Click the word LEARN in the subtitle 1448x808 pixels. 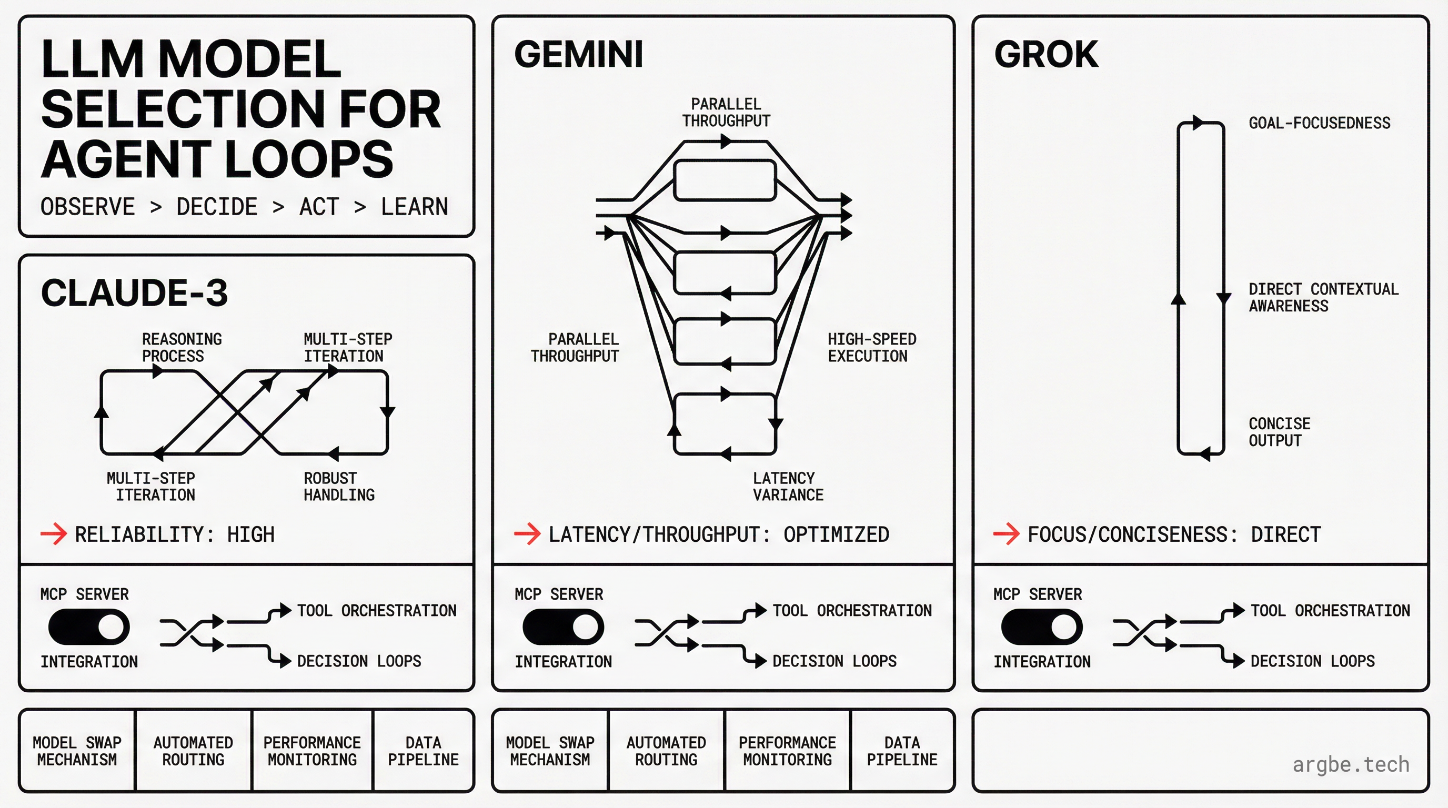click(414, 207)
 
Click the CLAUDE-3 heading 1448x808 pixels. click(134, 293)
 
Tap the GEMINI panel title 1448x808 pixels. click(578, 55)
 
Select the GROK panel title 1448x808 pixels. click(1045, 55)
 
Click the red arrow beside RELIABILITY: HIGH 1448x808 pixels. click(53, 534)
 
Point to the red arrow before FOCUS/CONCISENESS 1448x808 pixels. click(1005, 534)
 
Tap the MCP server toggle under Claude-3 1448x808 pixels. click(89, 627)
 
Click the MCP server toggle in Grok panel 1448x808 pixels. click(1042, 627)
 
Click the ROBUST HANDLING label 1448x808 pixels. click(339, 487)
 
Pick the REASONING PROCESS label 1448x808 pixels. click(182, 347)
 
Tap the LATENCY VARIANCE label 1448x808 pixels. click(788, 487)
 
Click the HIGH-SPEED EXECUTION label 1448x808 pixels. click(871, 347)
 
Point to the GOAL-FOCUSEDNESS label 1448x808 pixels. click(1319, 123)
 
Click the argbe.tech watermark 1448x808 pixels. click(1350, 765)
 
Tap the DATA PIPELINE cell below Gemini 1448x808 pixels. click(902, 751)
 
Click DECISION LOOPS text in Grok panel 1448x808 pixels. click(1312, 661)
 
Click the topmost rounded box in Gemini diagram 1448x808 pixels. click(725, 180)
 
